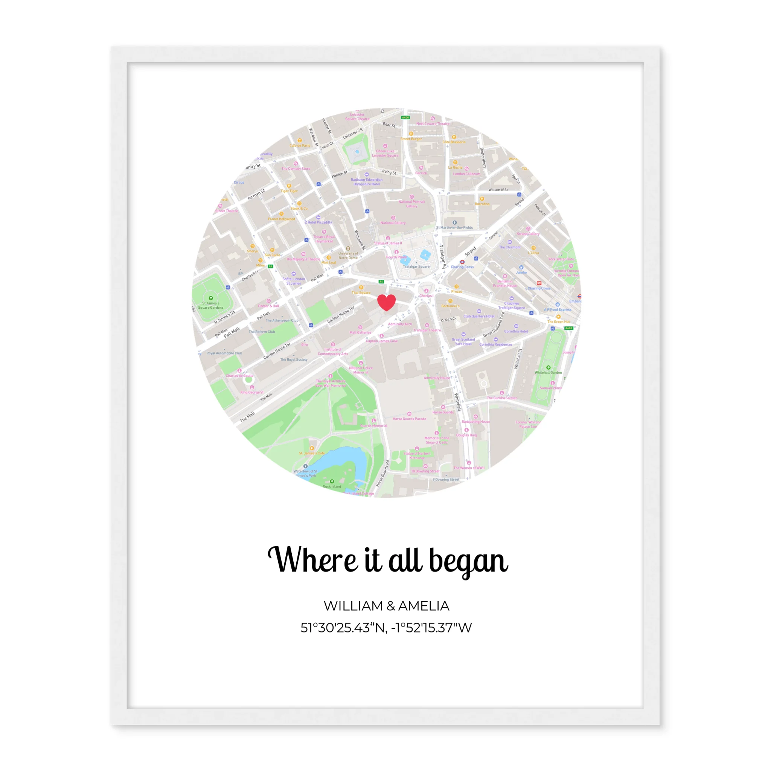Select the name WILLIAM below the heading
[x=353, y=606]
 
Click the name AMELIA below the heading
[x=424, y=606]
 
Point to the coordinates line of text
[x=386, y=628]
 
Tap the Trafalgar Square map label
[x=416, y=267]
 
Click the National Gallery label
[x=393, y=223]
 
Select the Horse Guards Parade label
[x=409, y=419]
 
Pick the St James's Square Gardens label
[x=211, y=305]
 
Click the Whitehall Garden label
[x=548, y=372]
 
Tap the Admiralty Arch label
[x=399, y=324]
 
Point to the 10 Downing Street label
[x=425, y=471]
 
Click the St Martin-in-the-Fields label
[x=454, y=227]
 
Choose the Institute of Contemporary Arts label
[x=333, y=352]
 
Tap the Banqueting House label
[x=475, y=421]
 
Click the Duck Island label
[x=332, y=486]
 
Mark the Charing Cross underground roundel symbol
[x=462, y=262]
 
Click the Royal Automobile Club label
[x=224, y=353]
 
